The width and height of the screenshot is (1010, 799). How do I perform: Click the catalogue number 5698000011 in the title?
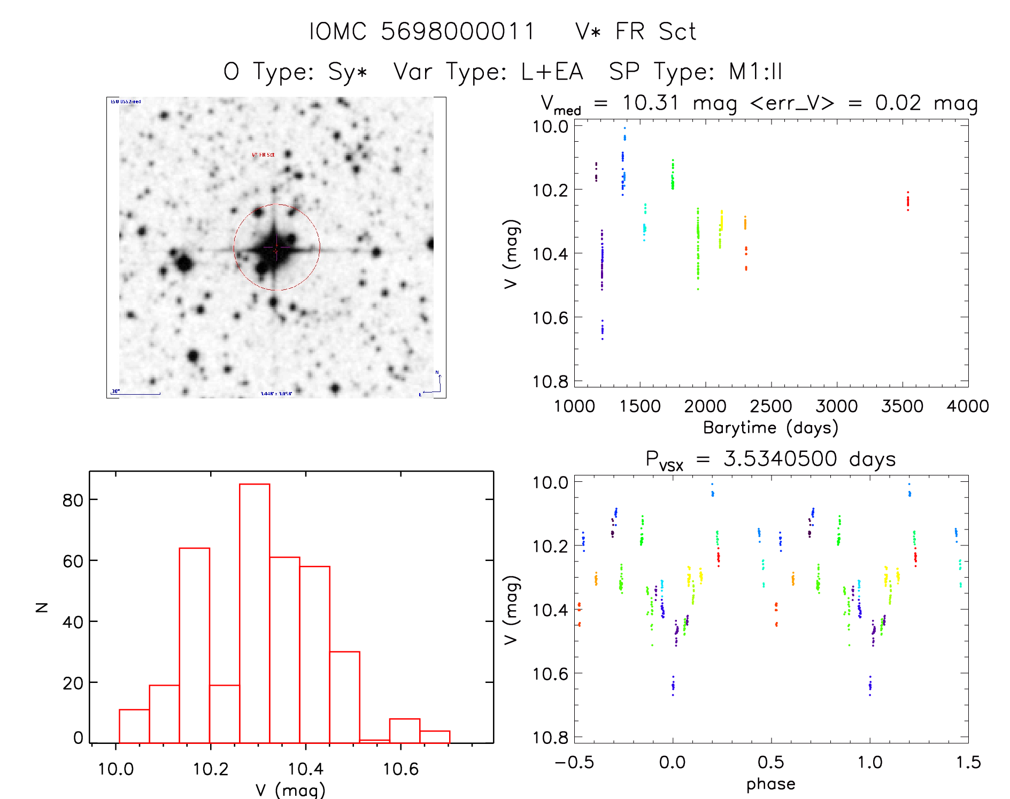458,32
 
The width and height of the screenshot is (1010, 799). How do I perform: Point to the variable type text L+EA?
552,71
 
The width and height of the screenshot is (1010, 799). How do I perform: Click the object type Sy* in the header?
348,71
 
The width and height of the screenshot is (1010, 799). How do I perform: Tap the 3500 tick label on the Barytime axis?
902,406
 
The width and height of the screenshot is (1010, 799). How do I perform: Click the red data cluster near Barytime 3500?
907,202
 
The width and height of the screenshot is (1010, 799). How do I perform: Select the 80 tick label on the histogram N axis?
73,500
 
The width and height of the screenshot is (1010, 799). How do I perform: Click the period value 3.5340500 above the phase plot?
780,459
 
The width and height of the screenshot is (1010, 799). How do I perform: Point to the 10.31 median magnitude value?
650,103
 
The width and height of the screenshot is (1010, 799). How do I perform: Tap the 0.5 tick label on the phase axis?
771,762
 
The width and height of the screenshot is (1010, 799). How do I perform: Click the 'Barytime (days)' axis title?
770,428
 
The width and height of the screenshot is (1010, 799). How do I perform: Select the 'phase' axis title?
770,784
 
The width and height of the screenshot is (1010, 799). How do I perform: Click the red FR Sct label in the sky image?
263,155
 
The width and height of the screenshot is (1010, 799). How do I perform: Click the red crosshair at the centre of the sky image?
276,248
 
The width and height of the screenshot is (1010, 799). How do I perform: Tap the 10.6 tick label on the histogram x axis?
400,769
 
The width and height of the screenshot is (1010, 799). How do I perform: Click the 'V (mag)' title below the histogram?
290,790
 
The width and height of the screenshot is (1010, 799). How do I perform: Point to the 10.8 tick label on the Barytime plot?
550,381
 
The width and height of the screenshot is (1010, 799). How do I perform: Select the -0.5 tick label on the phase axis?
574,762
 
